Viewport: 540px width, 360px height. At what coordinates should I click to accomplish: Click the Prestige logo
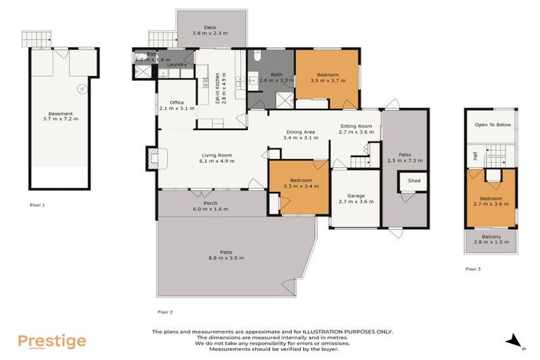point(52,342)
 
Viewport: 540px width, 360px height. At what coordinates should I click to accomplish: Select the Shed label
point(413,181)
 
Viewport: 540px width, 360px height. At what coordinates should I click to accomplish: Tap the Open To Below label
point(492,125)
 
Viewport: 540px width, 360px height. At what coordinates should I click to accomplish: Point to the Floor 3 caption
point(473,269)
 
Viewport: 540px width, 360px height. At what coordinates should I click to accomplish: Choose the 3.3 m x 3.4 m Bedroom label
point(301,184)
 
